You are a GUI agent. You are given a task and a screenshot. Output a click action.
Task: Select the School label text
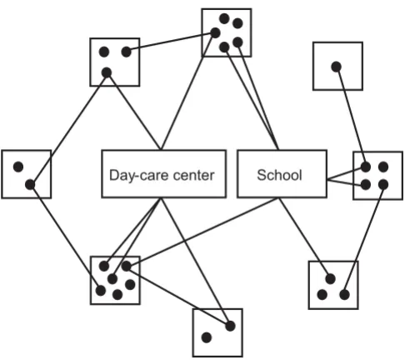[x=279, y=175]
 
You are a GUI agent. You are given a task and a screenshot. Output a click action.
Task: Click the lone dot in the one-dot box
[x=336, y=67]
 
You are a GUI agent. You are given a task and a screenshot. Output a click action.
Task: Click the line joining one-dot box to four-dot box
[x=351, y=117]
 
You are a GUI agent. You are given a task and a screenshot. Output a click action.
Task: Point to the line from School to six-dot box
[x=202, y=232]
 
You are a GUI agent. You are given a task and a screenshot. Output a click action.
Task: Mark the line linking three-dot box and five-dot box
[x=171, y=42]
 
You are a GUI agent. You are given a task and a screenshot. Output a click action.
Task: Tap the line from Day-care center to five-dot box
[x=187, y=92]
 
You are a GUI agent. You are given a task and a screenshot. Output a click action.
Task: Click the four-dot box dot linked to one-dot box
[x=366, y=167]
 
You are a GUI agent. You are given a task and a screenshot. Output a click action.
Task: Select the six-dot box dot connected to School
[x=126, y=266]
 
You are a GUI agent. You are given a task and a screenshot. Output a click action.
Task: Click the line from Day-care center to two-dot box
[x=195, y=262]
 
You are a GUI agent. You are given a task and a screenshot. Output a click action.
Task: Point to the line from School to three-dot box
[x=304, y=238]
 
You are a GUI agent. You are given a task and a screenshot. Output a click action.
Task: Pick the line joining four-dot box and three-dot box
[x=363, y=239]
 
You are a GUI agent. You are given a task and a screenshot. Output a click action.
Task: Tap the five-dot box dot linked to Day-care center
[x=215, y=33]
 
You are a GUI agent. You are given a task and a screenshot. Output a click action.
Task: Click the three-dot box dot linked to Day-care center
[x=107, y=72]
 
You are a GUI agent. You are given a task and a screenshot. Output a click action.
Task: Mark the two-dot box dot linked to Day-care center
[x=230, y=326]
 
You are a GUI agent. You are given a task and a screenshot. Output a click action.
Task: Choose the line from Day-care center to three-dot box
[x=133, y=112]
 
